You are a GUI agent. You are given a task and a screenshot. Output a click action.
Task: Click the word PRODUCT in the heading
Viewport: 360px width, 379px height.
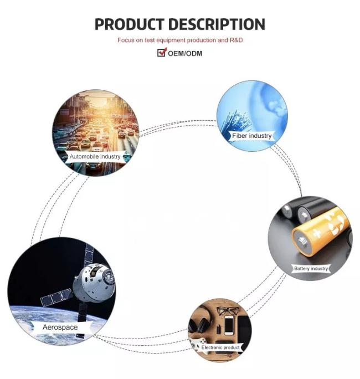click(129, 24)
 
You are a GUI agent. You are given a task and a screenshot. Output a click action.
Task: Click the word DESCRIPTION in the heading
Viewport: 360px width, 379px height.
click(217, 24)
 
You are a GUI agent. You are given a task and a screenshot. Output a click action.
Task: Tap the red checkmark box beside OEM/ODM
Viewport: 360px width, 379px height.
click(162, 52)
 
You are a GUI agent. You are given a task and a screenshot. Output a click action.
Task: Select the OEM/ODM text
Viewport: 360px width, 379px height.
click(185, 53)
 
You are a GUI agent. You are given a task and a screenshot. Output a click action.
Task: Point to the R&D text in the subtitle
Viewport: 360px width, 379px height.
click(236, 40)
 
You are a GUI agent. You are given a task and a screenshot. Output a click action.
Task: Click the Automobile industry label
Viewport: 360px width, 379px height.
click(95, 157)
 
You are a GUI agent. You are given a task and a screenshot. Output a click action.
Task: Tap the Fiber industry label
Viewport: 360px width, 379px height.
click(252, 136)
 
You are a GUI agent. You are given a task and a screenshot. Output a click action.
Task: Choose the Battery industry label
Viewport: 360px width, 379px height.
click(311, 269)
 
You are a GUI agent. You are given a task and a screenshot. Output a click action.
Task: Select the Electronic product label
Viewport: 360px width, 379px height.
click(220, 347)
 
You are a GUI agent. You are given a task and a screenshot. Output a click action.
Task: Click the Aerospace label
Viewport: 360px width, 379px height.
click(60, 327)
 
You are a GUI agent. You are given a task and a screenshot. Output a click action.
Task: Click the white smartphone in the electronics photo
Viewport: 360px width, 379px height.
click(229, 325)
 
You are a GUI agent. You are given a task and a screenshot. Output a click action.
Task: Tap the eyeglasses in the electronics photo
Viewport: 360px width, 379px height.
click(227, 311)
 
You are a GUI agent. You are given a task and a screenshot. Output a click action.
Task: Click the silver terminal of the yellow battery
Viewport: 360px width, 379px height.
click(302, 243)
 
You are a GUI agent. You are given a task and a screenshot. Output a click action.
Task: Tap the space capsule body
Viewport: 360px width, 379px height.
click(94, 283)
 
